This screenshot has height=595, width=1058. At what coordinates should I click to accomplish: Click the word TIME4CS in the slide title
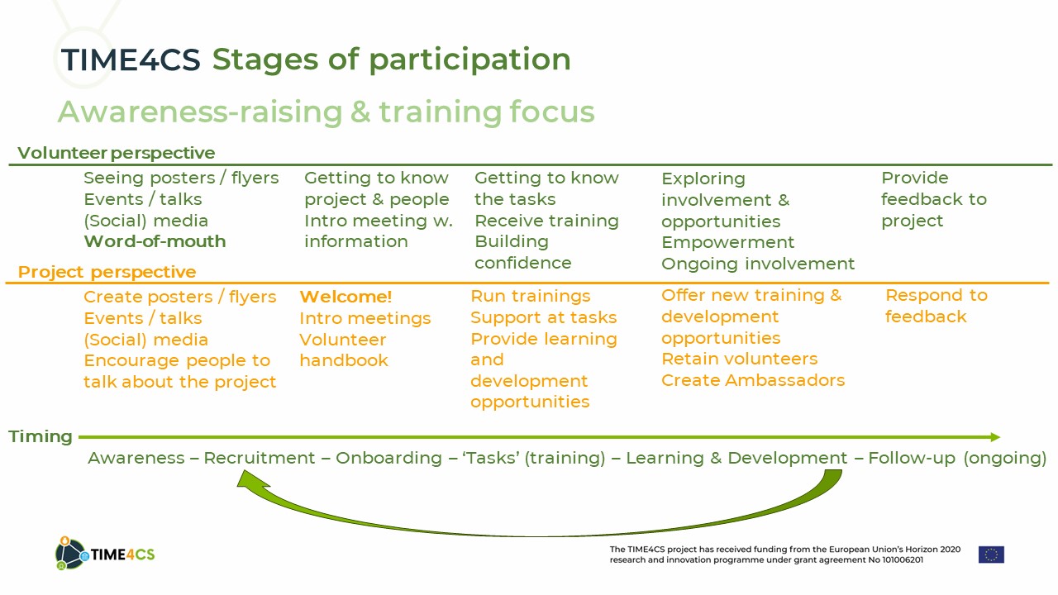(x=131, y=60)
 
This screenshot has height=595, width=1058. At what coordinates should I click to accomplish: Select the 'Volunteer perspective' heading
(x=117, y=153)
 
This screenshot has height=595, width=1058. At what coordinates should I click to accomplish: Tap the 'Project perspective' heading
(x=107, y=272)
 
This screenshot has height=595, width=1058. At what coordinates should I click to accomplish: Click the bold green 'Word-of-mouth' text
(x=155, y=241)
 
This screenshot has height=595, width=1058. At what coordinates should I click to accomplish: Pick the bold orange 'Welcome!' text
(x=346, y=297)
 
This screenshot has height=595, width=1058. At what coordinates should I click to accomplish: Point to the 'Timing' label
(x=41, y=436)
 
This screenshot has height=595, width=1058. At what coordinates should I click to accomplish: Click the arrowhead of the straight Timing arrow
(x=995, y=437)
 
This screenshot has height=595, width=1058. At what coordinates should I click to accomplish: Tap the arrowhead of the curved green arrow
(x=250, y=479)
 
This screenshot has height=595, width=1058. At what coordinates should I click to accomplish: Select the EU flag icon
(x=991, y=555)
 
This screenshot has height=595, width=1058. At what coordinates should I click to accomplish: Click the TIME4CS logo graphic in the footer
(x=105, y=554)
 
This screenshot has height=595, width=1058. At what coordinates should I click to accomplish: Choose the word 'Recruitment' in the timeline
(x=260, y=458)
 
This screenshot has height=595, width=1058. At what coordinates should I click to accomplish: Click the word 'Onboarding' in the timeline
(x=388, y=458)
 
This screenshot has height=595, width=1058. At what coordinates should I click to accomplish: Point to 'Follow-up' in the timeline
(x=912, y=458)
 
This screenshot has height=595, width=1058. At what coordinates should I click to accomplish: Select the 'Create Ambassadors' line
(x=753, y=380)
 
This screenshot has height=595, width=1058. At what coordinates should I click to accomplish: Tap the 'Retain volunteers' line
(x=739, y=359)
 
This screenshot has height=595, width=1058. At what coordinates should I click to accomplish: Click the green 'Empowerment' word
(x=728, y=242)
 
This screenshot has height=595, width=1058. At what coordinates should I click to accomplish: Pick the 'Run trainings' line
(x=531, y=296)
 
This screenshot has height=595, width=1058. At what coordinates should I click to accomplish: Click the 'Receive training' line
(x=546, y=221)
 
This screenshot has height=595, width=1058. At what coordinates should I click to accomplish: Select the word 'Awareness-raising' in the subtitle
(x=200, y=112)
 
